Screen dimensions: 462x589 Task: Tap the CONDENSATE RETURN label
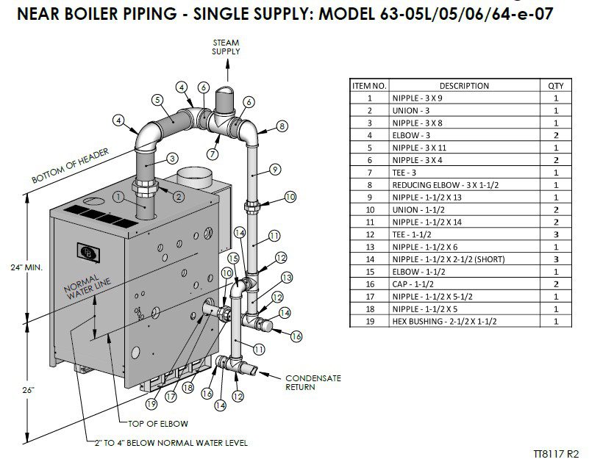coord(313,382)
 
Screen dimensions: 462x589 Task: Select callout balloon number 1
coord(118,196)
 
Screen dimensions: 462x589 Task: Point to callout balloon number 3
coord(171,157)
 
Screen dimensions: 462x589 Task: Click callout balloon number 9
coord(274,170)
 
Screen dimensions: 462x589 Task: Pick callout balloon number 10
coord(290,196)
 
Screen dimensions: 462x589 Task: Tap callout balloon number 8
coord(282,127)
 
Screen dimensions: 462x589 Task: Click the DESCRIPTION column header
coord(463,86)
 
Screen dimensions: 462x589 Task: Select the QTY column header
coord(556,86)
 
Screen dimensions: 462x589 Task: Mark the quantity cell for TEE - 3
coord(556,173)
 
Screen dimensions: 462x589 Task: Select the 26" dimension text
coord(28,390)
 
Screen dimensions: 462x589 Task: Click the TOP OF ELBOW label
coord(159,423)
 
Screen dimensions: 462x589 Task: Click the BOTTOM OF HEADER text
coord(71,167)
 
